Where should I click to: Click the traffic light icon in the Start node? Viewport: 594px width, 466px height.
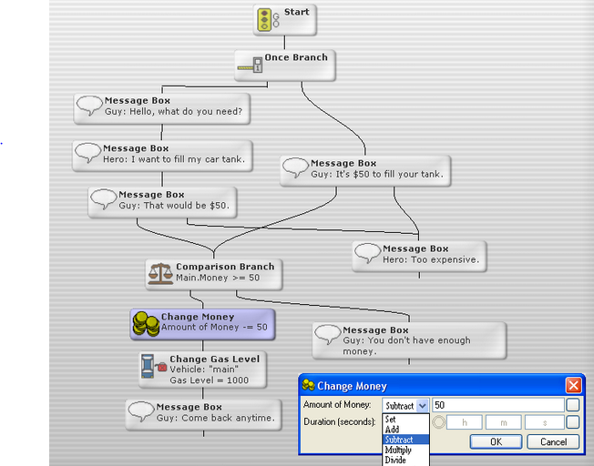[x=265, y=19]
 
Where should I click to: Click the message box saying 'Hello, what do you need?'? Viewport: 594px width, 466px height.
[x=165, y=107]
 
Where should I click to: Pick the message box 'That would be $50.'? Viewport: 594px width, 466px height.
[x=163, y=201]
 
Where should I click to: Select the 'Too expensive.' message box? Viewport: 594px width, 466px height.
[x=419, y=255]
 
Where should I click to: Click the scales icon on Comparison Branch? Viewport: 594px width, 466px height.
[x=160, y=272]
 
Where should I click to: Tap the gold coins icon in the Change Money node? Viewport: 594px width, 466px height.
[x=146, y=323]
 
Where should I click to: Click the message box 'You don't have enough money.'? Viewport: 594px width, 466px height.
[x=409, y=340]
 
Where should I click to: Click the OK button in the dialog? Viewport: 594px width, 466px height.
[x=496, y=441]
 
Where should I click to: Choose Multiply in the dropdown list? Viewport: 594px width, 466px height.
[x=398, y=450]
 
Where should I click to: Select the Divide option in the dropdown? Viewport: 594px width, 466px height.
[x=396, y=461]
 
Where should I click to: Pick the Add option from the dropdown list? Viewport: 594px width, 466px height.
[x=393, y=429]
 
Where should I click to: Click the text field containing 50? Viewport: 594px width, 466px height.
[x=497, y=405]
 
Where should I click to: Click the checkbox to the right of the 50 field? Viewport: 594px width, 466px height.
[x=572, y=405]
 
